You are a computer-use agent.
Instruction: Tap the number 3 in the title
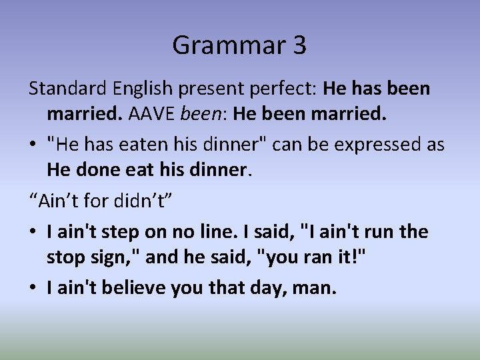[x=297, y=45]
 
